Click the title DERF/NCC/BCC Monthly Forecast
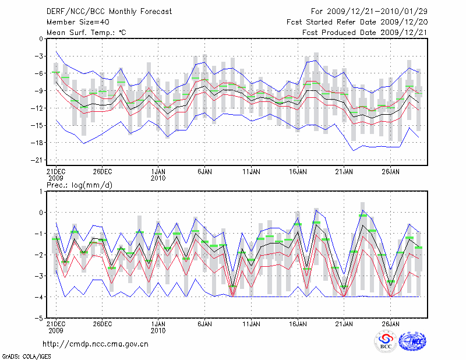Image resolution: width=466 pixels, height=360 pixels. pos(109,10)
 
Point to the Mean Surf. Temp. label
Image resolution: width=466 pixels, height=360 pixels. pos(86,33)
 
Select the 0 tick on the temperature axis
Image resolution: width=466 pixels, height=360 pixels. pos(40,39)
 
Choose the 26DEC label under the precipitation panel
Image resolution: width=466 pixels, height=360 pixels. pos(102,323)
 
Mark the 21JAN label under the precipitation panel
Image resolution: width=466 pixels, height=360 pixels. pos(344,323)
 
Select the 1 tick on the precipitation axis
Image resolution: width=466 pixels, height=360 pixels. pos(41,191)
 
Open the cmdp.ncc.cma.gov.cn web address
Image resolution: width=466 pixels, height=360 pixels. pos(96,344)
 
